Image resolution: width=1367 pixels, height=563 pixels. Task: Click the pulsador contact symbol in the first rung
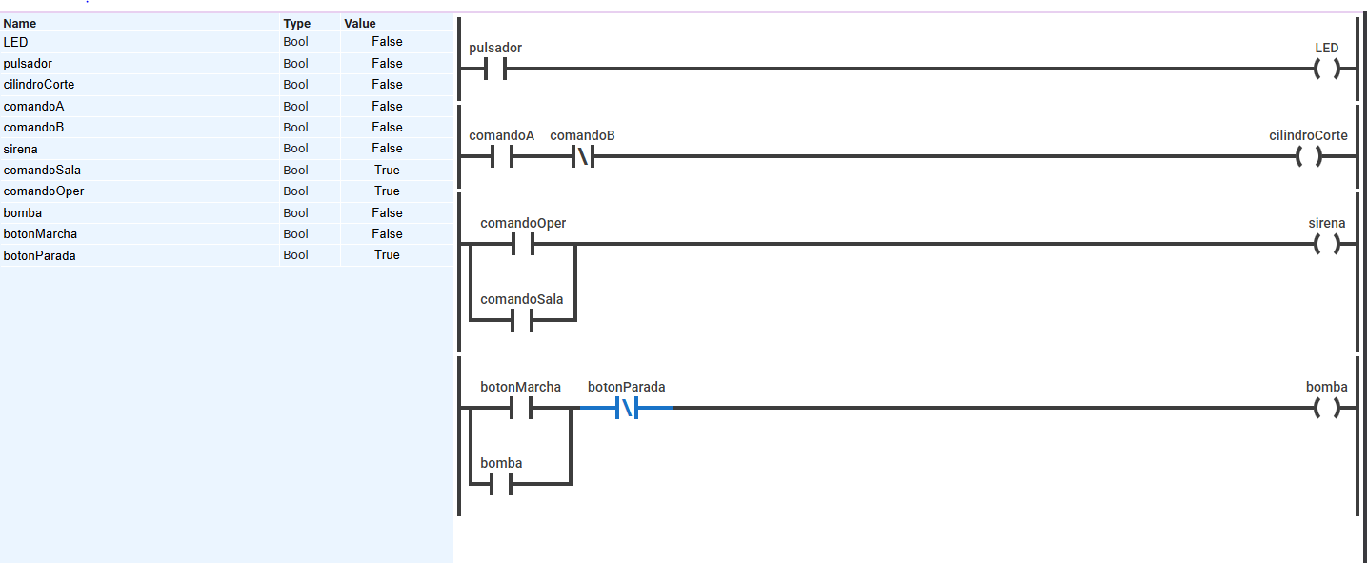point(495,69)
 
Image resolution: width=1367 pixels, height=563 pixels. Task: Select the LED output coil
point(1327,69)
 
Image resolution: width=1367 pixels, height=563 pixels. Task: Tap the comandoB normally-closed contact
point(583,157)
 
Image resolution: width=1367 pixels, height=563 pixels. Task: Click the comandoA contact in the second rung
point(502,157)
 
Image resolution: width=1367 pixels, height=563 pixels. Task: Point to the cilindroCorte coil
point(1309,157)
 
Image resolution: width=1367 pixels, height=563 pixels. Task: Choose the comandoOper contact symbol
point(523,245)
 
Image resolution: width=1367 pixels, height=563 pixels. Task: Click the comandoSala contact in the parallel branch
point(522,320)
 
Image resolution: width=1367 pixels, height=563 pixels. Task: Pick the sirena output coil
point(1327,245)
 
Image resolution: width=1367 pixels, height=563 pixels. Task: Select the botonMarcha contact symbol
point(520,408)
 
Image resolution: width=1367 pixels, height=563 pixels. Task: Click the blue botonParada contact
point(627,408)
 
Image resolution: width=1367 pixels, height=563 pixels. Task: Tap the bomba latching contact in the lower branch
point(501,484)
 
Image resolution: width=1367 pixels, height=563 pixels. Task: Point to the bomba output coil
point(1327,408)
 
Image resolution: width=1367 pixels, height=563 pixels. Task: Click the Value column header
point(359,23)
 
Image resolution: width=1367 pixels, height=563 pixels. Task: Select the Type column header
point(296,23)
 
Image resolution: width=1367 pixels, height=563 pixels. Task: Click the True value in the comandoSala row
point(387,170)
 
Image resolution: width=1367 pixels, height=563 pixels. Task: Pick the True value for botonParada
point(387,255)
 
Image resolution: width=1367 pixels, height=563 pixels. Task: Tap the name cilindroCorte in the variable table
point(38,84)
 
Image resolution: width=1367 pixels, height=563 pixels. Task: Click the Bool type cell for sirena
point(295,149)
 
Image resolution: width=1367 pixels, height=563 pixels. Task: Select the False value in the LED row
point(387,42)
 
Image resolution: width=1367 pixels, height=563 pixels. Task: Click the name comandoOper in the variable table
point(43,191)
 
